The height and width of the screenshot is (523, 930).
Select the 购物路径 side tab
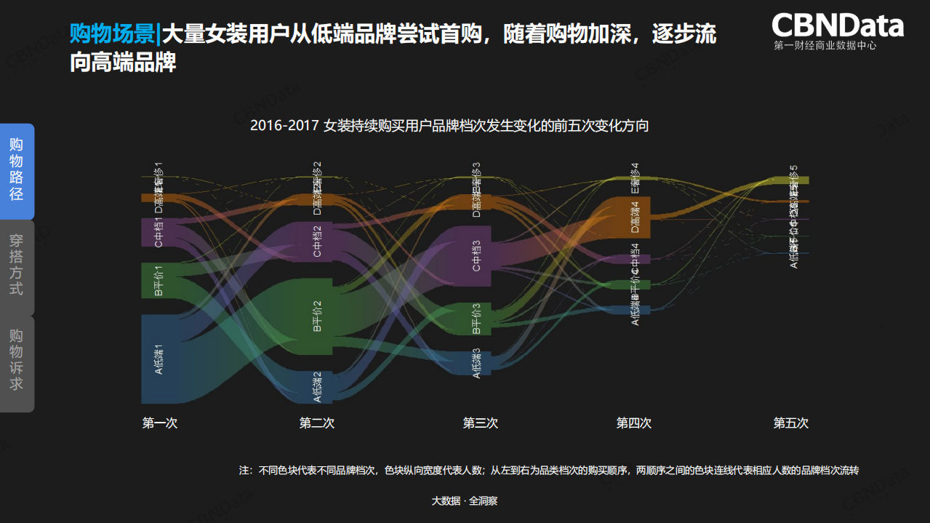click(x=17, y=170)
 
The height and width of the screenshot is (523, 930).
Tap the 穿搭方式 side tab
click(x=17, y=265)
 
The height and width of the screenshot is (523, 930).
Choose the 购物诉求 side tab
click(x=17, y=360)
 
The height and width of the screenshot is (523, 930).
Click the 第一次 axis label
click(x=160, y=423)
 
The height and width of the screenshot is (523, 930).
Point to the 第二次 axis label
click(x=317, y=423)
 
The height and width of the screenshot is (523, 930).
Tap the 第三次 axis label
click(x=481, y=423)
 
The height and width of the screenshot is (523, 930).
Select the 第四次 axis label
click(x=634, y=423)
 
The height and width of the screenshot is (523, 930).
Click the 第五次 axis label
click(x=791, y=423)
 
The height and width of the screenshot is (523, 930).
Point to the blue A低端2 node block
click(x=316, y=386)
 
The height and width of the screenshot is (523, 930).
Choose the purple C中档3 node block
click(x=477, y=255)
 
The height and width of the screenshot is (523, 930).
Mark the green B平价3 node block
click(x=477, y=319)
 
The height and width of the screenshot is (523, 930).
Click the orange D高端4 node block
click(x=634, y=216)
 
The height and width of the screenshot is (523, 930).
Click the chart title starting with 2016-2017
click(x=449, y=126)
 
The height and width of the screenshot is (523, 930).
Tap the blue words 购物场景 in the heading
click(x=111, y=34)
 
